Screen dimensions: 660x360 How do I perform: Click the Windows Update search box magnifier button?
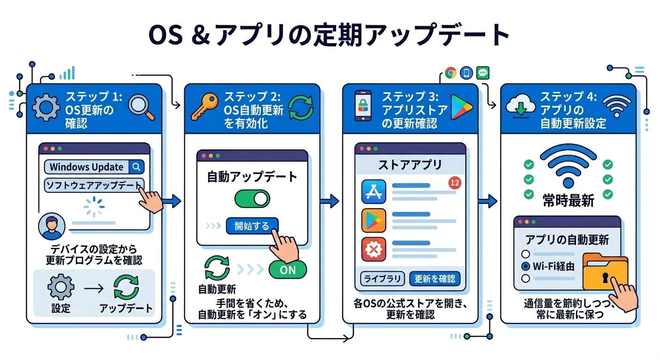136,167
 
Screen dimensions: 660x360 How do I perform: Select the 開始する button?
252,226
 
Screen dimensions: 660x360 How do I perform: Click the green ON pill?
287,270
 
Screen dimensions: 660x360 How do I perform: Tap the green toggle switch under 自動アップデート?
252,199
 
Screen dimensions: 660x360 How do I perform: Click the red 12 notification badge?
455,183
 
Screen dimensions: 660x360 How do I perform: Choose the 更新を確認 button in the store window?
435,279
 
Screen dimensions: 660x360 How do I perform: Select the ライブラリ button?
382,279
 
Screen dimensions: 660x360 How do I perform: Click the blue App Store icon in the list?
374,192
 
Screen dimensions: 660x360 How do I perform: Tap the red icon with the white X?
374,249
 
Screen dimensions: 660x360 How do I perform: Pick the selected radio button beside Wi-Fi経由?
525,266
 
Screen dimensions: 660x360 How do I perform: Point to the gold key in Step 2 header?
204,107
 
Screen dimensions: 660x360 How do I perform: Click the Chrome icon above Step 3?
450,73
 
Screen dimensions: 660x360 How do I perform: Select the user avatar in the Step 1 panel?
52,226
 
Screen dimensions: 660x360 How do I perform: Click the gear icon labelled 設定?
60,287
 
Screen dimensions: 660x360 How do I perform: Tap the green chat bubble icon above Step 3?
483,73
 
